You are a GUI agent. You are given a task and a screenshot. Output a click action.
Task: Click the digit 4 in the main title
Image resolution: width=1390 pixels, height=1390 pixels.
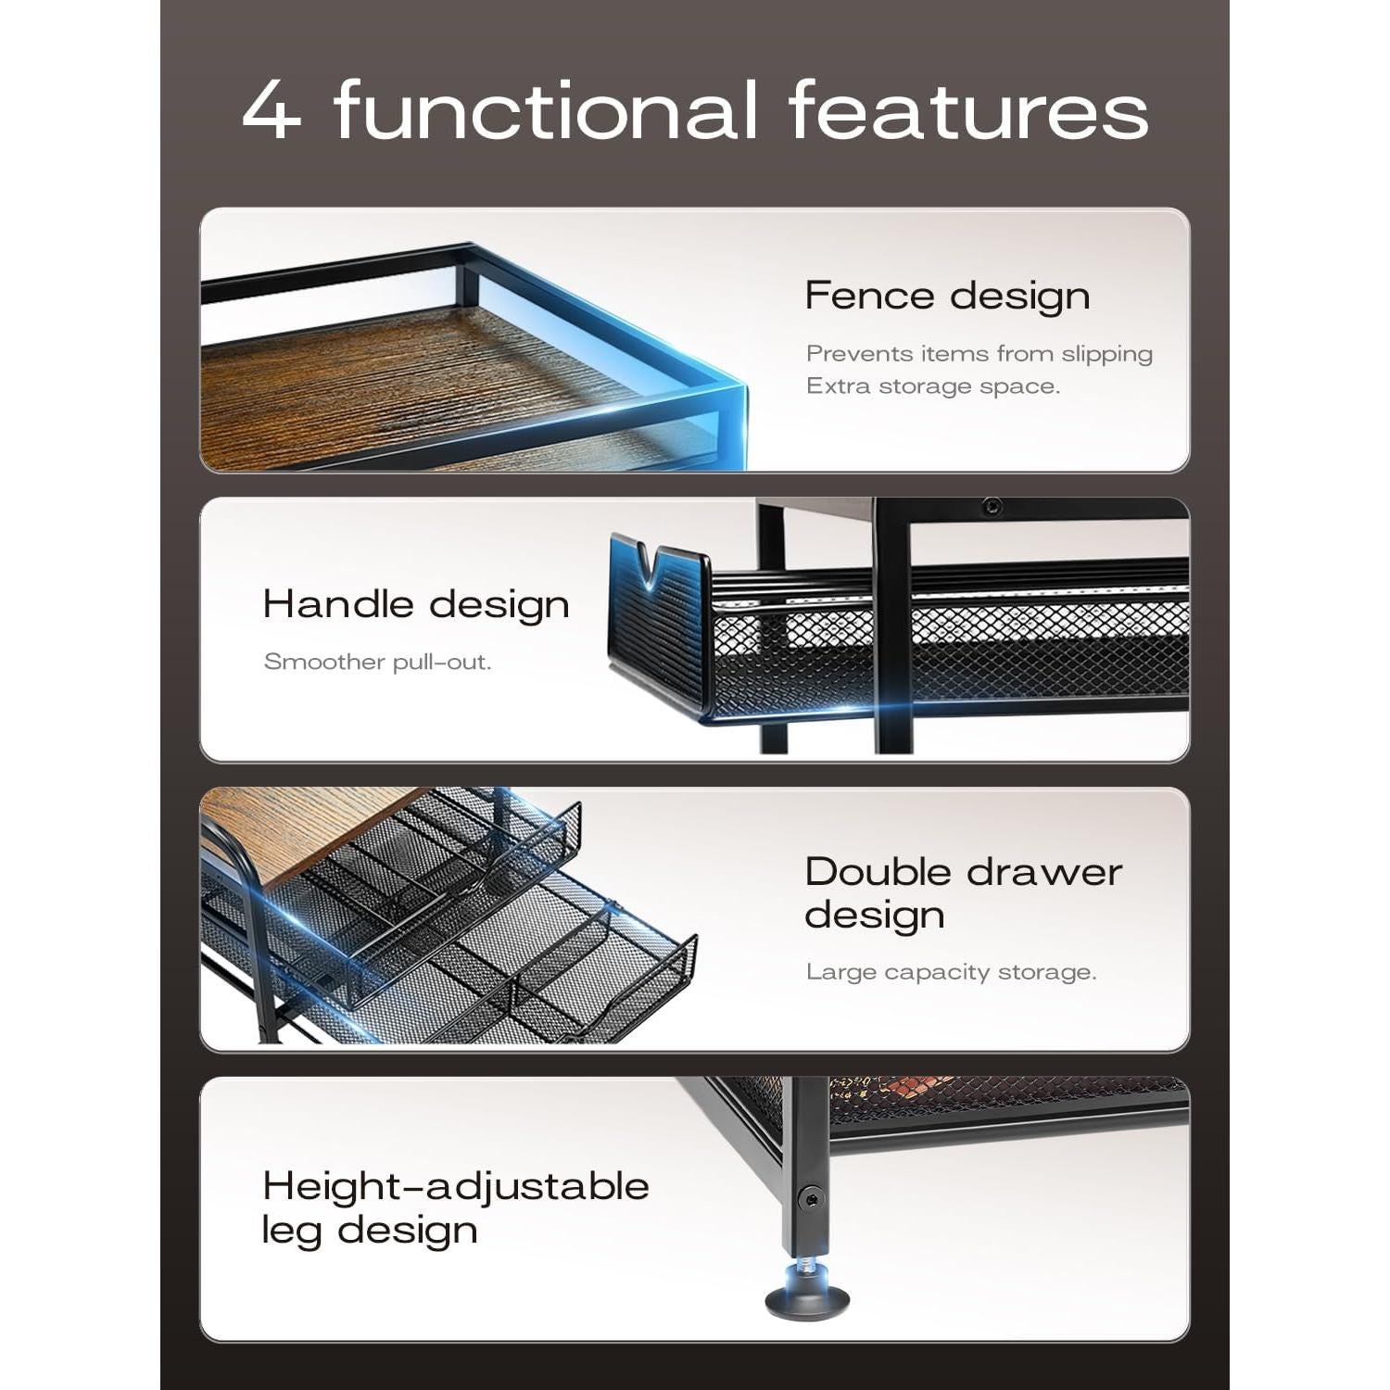pos(272,111)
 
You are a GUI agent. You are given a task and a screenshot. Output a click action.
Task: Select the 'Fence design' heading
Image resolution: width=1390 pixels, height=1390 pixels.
pos(946,297)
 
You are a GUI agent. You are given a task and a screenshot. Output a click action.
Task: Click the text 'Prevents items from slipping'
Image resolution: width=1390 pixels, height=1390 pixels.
pos(979,354)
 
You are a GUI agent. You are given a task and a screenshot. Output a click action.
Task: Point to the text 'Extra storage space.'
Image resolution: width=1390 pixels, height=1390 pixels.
pos(932,386)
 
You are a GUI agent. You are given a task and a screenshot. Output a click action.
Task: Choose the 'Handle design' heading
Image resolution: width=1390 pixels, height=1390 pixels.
pos(416,604)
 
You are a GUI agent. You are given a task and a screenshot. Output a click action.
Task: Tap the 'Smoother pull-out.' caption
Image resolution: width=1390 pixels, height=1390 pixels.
pos(377,662)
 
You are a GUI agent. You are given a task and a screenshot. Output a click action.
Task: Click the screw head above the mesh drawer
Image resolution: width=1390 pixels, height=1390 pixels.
pos(992,507)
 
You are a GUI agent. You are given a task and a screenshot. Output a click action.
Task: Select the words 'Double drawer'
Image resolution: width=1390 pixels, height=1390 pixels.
pos(963,872)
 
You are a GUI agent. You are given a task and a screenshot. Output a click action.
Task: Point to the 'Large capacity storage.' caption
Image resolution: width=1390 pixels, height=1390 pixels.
pos(951,972)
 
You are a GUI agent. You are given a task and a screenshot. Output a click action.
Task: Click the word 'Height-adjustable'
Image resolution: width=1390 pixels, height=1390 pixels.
pos(455,1186)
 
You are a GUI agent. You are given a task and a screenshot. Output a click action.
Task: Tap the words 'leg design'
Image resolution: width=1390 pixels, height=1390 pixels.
pos(370,1231)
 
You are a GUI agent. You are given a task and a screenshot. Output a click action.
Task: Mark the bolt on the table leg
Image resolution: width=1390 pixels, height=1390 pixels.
pos(812,1198)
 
